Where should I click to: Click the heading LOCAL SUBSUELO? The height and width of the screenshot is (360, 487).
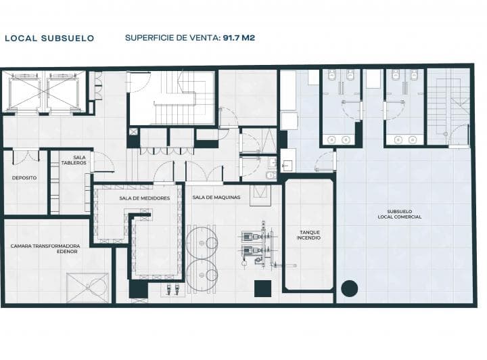click(x=49, y=38)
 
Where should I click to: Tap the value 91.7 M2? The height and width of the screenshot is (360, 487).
click(x=239, y=38)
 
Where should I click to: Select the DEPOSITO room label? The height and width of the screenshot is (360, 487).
click(x=24, y=178)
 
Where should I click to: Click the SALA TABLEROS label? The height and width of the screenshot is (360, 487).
click(x=74, y=160)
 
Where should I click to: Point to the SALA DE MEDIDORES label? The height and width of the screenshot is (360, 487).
click(x=145, y=198)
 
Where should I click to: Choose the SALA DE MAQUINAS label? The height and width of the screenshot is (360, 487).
click(x=216, y=197)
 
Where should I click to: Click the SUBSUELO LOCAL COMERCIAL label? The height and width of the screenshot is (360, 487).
click(x=400, y=215)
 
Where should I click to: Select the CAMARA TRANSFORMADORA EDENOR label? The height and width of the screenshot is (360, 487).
click(x=45, y=248)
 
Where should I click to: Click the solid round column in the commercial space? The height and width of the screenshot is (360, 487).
click(x=350, y=288)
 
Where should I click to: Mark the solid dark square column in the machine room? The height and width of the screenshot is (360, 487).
click(x=262, y=288)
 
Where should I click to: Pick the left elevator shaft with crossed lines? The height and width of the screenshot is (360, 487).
click(x=24, y=91)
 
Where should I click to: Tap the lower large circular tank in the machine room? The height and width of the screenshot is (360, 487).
click(x=202, y=275)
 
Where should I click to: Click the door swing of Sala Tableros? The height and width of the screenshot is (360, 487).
click(x=103, y=162)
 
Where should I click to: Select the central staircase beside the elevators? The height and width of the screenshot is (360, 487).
click(x=172, y=98)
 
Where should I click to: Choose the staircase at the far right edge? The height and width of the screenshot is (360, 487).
click(x=448, y=106)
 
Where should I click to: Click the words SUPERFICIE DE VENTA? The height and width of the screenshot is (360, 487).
click(x=172, y=38)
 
